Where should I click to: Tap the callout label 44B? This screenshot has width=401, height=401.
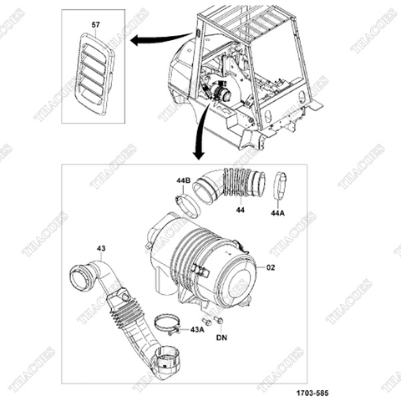pyautogui.click(x=182, y=181)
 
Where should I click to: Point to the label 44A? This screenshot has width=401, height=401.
pyautogui.click(x=278, y=214)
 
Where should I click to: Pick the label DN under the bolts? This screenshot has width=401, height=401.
pyautogui.click(x=221, y=338)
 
